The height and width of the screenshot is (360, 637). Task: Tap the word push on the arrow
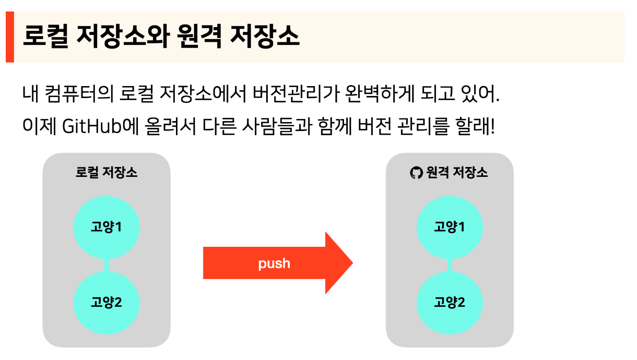(274, 263)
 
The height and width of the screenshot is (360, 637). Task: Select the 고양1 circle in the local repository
(107, 227)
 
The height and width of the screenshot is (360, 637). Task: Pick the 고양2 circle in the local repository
(107, 302)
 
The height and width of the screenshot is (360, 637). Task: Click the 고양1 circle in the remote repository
(450, 227)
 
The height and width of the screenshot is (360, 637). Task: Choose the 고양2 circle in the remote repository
(450, 302)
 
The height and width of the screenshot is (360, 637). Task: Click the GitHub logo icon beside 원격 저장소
(416, 173)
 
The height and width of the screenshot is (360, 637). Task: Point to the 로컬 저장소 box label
(107, 173)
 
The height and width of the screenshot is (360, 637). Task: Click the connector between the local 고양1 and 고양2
(107, 265)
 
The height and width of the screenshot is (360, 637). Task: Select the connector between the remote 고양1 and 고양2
(450, 265)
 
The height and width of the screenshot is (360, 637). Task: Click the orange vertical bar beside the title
(9, 37)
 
